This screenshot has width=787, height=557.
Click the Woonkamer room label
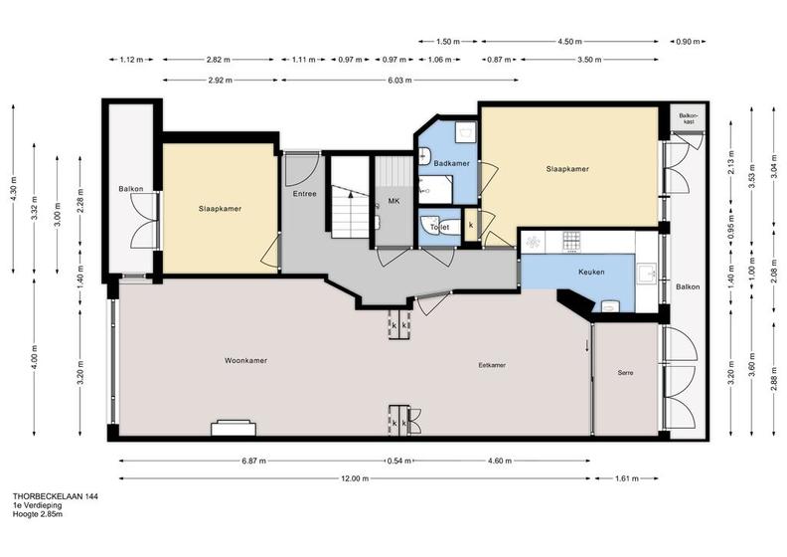coord(245,361)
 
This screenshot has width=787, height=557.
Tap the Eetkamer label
coord(492,365)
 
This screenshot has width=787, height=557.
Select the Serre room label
coord(625,373)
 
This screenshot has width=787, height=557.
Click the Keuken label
coord(591,272)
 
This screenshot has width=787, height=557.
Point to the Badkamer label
coord(452,163)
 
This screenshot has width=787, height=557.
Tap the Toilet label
coord(439,228)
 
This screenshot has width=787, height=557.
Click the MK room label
coord(394,201)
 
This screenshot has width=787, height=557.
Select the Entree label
coord(305,193)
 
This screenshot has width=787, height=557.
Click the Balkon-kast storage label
coord(688,118)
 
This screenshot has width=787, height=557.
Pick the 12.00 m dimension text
coord(355,478)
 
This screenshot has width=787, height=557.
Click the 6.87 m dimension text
coord(254,461)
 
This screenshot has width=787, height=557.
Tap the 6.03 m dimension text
coord(400,80)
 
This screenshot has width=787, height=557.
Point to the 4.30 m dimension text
coord(14,189)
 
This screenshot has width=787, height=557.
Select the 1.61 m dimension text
coord(627,478)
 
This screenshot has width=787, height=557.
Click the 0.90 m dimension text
coord(688,42)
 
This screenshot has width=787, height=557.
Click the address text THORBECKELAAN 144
coord(56,496)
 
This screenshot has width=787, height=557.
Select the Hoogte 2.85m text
coord(38,514)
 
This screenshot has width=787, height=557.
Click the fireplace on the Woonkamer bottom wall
coord(234,428)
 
